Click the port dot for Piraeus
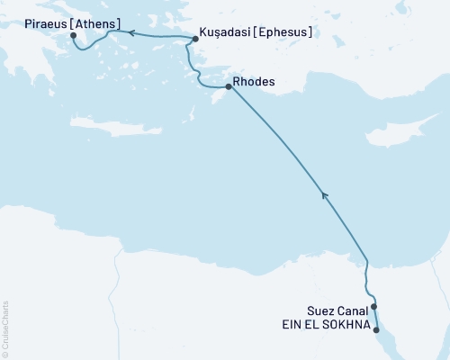click(74, 36)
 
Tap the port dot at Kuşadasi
click(195, 39)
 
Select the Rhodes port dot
click(228, 87)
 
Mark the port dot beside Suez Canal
click(373, 307)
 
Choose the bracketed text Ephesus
click(283, 32)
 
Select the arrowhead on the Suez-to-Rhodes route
click(324, 193)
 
